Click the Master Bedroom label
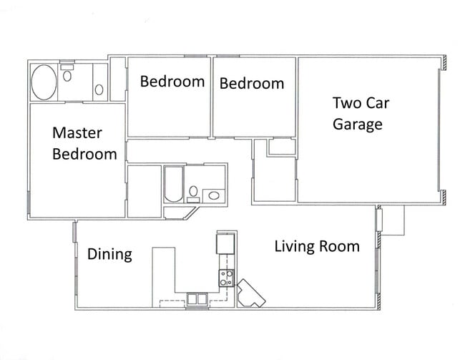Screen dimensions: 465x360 click(84, 144)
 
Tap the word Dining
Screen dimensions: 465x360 click(109, 254)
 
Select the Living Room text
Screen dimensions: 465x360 click(317, 247)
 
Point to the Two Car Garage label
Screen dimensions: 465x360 click(361, 114)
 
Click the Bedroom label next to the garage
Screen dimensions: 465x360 click(252, 84)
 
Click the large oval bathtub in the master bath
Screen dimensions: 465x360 click(44, 82)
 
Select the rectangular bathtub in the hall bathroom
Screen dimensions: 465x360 click(174, 185)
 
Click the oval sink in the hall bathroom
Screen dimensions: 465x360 click(214, 195)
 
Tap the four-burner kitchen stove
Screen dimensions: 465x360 click(226, 278)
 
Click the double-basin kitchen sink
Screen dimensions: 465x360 click(197, 299)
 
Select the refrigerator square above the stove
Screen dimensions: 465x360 click(225, 243)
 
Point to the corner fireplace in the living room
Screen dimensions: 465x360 click(251, 293)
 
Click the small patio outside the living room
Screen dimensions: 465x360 click(393, 220)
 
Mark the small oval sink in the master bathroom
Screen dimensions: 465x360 click(99, 89)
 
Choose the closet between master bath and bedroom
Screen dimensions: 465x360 click(118, 79)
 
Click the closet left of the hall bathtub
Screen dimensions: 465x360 click(145, 191)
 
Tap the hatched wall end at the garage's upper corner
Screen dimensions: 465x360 click(444, 63)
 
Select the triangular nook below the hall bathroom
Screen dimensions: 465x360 click(178, 213)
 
